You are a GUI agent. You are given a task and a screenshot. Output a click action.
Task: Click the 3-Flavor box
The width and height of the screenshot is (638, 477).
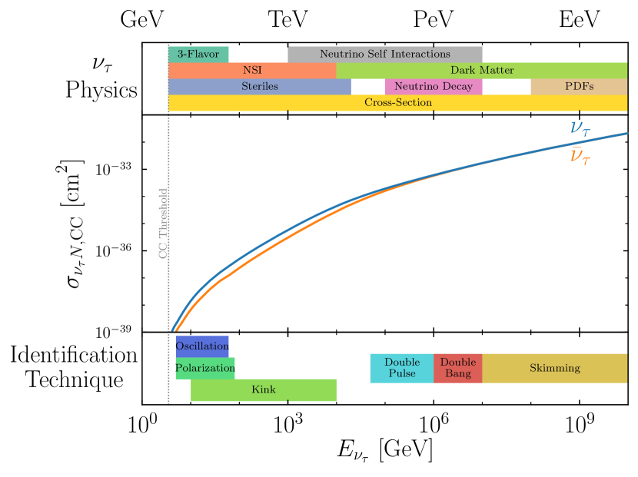[198, 55]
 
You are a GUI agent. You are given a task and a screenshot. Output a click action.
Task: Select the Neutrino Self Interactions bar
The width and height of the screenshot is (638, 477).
[384, 55]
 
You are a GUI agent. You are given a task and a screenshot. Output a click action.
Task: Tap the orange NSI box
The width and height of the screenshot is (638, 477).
[252, 71]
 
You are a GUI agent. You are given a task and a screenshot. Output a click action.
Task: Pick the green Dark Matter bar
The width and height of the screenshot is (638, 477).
[482, 71]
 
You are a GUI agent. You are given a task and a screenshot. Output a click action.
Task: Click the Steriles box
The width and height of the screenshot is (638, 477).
[259, 87]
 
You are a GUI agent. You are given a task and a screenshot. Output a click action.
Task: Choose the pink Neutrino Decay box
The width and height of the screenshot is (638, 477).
[434, 87]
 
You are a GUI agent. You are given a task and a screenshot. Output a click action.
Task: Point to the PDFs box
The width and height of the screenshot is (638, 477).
[579, 87]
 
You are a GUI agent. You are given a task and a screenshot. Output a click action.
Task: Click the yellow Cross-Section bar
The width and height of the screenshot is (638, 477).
[397, 103]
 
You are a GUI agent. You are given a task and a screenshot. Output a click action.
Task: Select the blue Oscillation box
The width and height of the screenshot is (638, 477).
[202, 346]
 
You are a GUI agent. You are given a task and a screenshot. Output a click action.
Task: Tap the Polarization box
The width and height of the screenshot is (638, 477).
[205, 368]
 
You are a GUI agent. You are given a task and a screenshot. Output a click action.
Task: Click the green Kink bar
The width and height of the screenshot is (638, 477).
[264, 389]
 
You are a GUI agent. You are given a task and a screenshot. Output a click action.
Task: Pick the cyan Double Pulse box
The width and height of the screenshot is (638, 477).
[401, 368]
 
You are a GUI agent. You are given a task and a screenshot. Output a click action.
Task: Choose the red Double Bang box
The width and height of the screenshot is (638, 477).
[457, 368]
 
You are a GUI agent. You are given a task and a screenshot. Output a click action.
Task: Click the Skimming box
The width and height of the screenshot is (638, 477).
[554, 368]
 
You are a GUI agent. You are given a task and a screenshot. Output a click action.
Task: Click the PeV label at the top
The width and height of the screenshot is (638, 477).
[434, 19]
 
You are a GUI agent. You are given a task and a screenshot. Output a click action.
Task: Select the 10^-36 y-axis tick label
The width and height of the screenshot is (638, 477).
[112, 250]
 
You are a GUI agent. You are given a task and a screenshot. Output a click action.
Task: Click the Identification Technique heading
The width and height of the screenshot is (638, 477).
[74, 367]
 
